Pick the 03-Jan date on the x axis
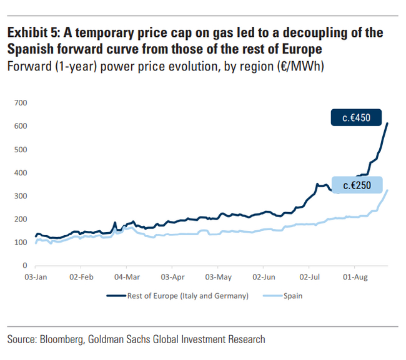(x=36, y=276)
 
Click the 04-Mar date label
(x=127, y=276)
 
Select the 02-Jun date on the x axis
(x=264, y=276)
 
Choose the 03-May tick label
(x=218, y=276)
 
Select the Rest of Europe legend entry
(x=187, y=296)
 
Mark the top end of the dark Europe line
(x=387, y=124)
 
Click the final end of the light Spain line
(x=388, y=190)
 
